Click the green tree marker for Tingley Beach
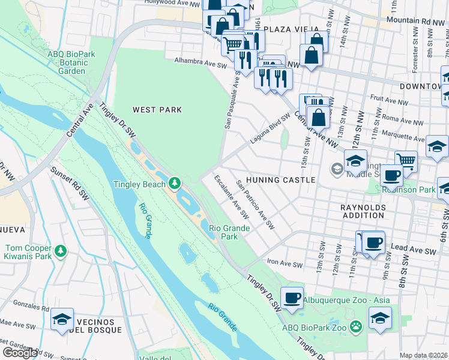pyautogui.click(x=175, y=182)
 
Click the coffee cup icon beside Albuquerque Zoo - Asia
pyautogui.click(x=292, y=298)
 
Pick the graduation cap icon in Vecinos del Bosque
pyautogui.click(x=62, y=320)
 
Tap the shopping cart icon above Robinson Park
pyautogui.click(x=406, y=161)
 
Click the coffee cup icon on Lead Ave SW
pyautogui.click(x=373, y=242)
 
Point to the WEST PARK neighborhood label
pyautogui.click(x=157, y=110)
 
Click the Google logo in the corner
pyautogui.click(x=20, y=353)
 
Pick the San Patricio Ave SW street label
pyautogui.click(x=255, y=205)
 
